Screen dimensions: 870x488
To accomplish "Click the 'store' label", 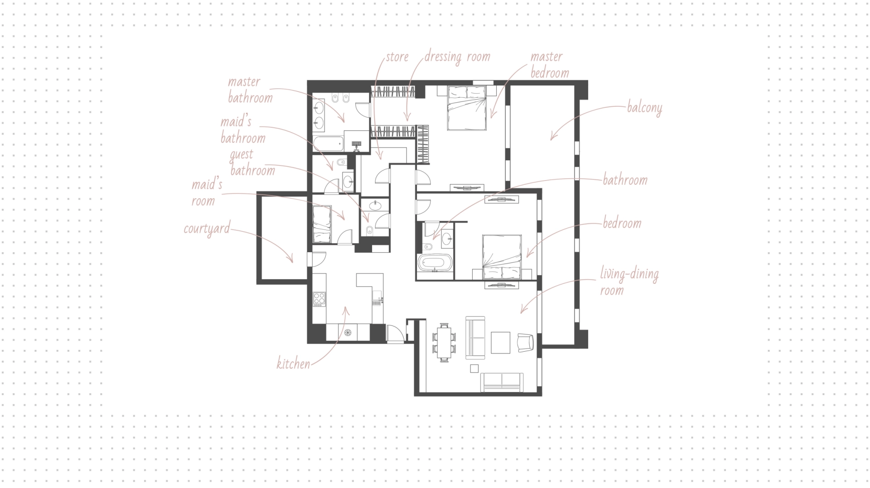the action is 397,57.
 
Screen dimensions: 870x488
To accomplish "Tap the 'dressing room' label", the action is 457,57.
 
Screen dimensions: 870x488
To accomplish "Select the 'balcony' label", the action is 644,108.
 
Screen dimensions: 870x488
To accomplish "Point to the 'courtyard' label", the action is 207,229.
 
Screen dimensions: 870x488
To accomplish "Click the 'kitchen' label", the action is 293,364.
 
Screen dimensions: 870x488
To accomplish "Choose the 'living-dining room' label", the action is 629,282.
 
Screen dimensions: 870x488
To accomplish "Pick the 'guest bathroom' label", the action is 252,163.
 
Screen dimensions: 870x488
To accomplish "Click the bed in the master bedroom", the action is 467,108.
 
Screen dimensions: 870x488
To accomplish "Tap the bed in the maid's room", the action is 323,224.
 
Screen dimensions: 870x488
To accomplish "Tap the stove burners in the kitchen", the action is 319,299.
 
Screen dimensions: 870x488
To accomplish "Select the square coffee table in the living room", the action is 500,343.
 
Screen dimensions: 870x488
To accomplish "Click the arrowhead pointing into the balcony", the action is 552,137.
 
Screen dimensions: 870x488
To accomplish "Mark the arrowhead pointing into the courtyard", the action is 291,259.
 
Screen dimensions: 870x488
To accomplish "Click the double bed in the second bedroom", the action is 502,257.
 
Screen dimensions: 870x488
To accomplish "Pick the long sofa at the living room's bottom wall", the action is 502,383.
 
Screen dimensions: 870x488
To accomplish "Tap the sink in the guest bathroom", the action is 375,206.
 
